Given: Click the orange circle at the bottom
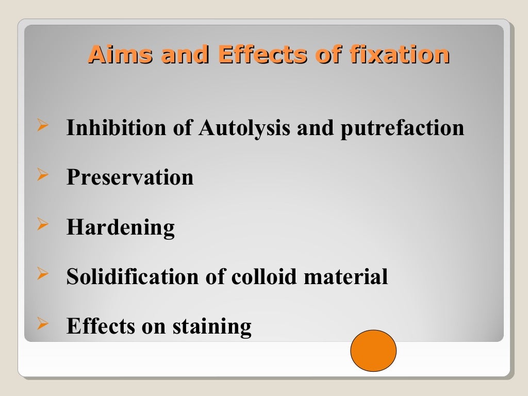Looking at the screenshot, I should point(373,351).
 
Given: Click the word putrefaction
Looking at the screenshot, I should point(402,128).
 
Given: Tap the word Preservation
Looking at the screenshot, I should point(130,177).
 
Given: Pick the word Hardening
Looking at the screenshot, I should point(121,227).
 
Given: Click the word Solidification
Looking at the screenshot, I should point(132,277).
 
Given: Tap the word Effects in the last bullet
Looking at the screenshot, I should point(95,326).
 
